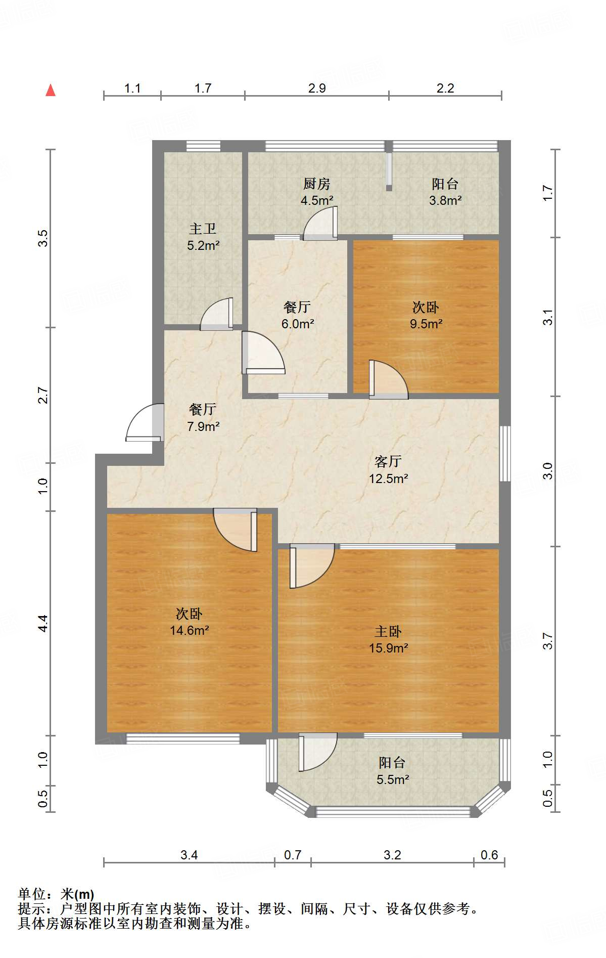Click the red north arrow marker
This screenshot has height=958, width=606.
51,91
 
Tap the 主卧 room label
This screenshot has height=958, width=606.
388,631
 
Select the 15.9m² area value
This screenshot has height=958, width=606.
388,648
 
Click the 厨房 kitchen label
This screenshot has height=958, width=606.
317,184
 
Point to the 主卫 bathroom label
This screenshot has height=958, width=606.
203,229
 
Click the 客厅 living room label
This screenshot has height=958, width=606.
388,461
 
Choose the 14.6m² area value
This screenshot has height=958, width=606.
190,630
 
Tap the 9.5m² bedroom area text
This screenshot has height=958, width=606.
426,324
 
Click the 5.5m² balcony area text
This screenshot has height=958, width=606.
392,779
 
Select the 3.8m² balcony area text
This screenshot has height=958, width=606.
445,200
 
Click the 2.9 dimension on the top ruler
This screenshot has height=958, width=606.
317,88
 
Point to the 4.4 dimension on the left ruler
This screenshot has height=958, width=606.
43,623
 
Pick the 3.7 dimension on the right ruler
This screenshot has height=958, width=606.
548,641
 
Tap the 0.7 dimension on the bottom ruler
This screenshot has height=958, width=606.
293,855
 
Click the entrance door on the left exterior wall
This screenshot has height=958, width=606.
146,423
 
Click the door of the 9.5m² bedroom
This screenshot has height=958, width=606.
387,380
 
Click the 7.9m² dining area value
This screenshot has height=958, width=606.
203,426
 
